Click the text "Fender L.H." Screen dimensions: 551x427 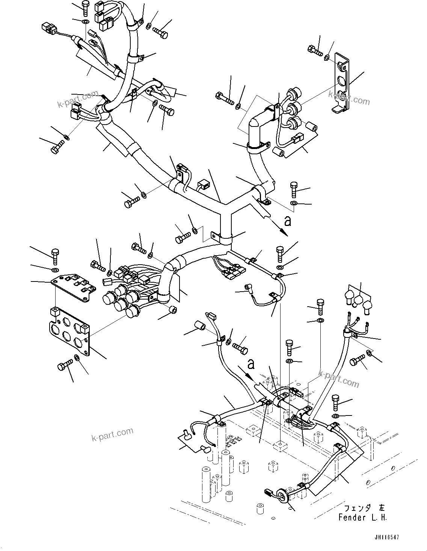(x=362, y=517)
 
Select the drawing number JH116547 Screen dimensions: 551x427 (x=386, y=537)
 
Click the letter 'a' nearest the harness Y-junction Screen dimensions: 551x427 (x=287, y=221)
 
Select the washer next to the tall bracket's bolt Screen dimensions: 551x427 (x=327, y=57)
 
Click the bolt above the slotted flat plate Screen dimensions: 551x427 (x=55, y=256)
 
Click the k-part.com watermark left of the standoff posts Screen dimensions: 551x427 (x=112, y=435)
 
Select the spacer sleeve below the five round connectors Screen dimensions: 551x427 (x=173, y=309)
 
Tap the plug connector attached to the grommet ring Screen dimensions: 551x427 (x=268, y=492)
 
